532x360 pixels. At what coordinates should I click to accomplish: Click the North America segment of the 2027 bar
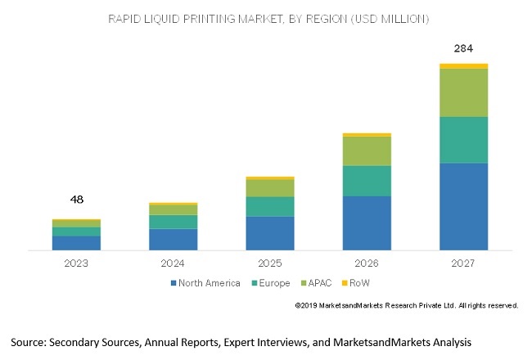(x=463, y=206)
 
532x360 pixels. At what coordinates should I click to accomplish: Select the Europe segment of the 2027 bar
(x=463, y=140)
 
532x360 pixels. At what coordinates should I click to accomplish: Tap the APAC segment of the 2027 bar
(x=463, y=92)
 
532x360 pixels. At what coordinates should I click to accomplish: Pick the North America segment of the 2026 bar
(x=367, y=223)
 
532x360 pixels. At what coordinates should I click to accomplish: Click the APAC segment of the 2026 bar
(x=367, y=151)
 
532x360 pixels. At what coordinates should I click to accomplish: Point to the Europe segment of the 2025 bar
(x=270, y=206)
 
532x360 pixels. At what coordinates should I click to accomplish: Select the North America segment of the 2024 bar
(x=174, y=239)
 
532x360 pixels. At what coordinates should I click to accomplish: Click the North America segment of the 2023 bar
(x=76, y=242)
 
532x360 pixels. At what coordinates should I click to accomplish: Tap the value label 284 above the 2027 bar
(x=463, y=48)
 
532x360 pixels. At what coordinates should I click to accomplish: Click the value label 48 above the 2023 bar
(x=77, y=199)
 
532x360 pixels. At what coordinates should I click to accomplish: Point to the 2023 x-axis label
(x=76, y=263)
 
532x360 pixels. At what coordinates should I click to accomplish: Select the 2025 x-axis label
(x=270, y=263)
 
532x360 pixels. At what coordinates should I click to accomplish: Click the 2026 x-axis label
(x=367, y=263)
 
